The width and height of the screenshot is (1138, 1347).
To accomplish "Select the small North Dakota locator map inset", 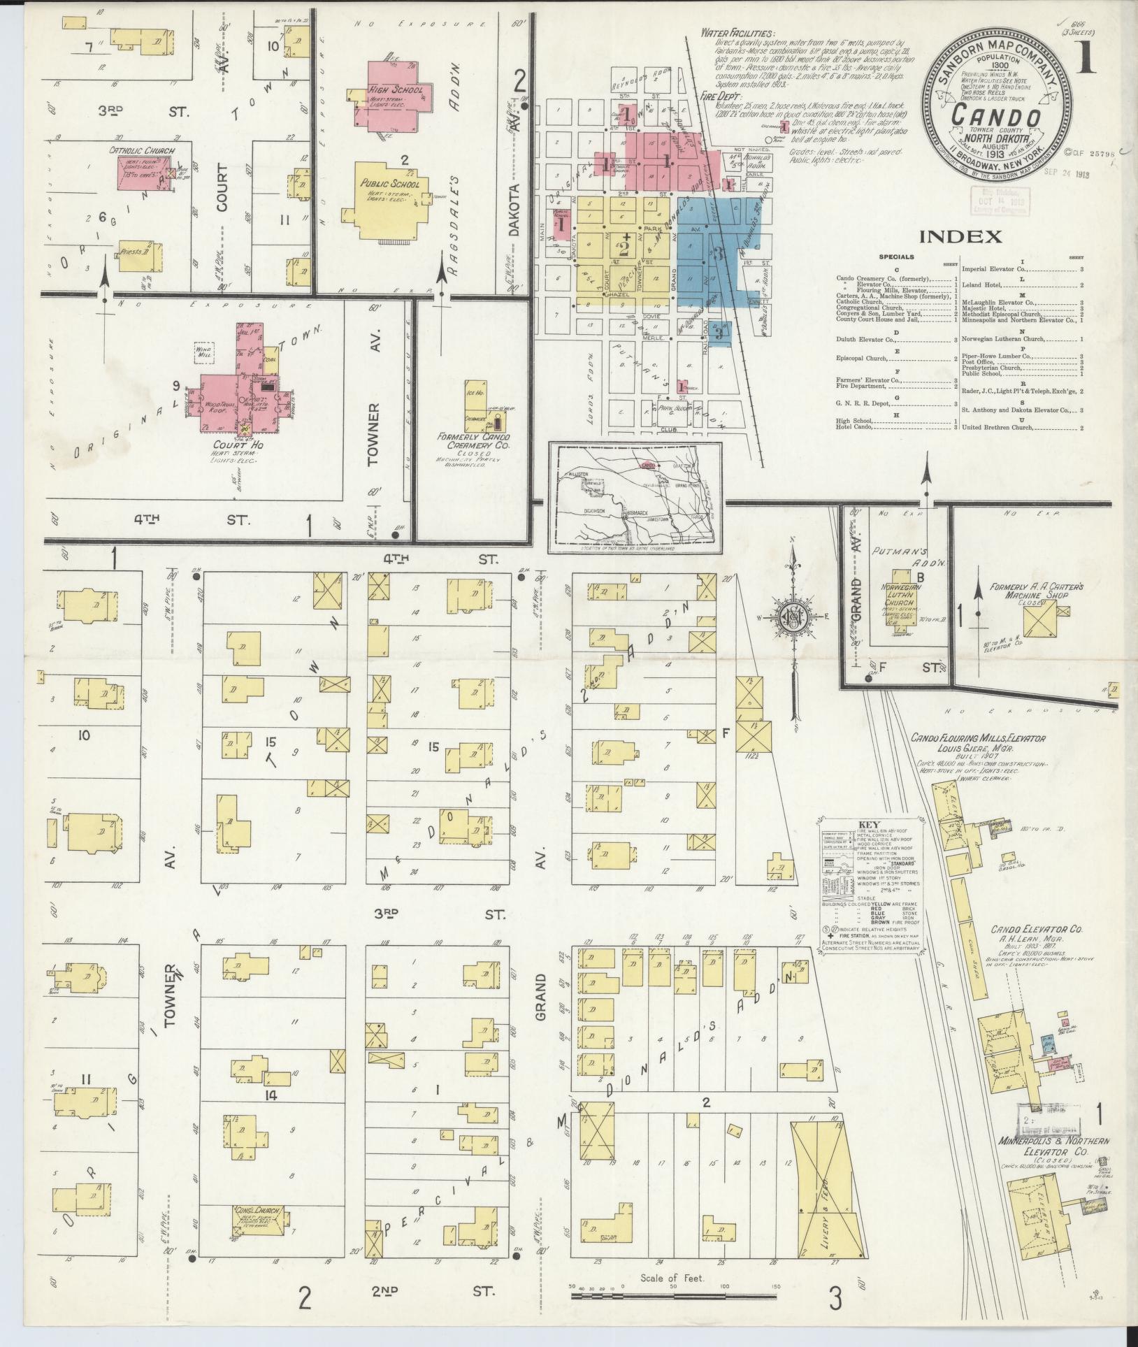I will [635, 497].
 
